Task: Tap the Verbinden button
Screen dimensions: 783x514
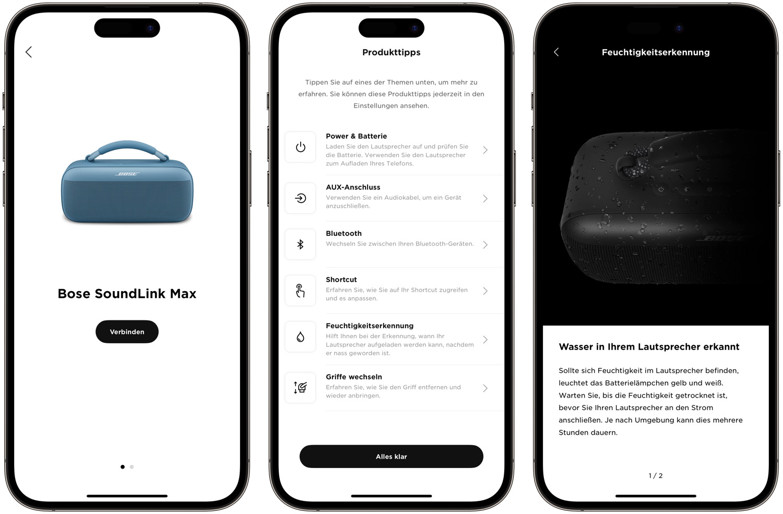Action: click(x=127, y=331)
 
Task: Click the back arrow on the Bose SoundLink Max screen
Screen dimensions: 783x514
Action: click(x=29, y=52)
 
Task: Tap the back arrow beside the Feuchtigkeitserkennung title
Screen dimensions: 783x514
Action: click(x=556, y=52)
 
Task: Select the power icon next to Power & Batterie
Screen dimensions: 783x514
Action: click(x=300, y=147)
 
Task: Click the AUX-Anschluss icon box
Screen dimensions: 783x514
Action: click(x=300, y=198)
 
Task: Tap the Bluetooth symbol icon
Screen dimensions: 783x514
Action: click(x=300, y=244)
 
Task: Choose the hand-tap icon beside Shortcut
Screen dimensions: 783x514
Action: click(x=300, y=290)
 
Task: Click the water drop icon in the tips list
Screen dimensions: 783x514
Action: click(x=300, y=337)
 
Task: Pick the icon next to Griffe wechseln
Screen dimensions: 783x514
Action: click(x=300, y=388)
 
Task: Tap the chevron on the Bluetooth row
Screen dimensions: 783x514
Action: click(x=485, y=245)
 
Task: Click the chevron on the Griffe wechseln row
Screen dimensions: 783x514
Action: click(x=485, y=388)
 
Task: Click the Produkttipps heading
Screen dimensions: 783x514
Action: click(x=391, y=52)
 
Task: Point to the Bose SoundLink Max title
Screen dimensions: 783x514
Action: click(x=127, y=293)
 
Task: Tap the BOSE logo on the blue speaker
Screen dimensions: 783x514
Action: click(x=127, y=174)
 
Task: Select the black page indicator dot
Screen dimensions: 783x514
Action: click(x=122, y=467)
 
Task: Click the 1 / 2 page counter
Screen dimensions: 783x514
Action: click(x=656, y=475)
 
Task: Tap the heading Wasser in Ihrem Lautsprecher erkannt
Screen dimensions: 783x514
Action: click(x=649, y=346)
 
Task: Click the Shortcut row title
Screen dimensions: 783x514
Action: click(x=341, y=280)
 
